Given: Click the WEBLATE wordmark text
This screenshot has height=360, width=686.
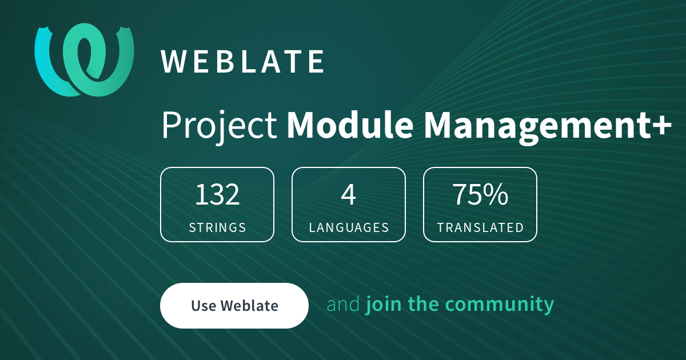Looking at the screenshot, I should [x=243, y=62].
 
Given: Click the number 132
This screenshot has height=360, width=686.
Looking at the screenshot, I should [x=217, y=195].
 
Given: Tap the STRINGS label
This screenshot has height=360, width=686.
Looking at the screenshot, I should [x=217, y=227].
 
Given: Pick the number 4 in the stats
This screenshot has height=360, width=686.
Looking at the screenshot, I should [x=349, y=195].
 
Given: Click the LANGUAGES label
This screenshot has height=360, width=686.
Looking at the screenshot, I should [x=349, y=227].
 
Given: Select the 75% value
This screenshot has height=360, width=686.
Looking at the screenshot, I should [x=480, y=195].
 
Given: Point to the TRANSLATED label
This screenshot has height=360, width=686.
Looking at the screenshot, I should [x=480, y=227].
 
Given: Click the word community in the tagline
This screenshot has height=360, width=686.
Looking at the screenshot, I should [x=500, y=305].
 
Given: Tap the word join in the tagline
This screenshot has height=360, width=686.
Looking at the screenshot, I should [x=380, y=305].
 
